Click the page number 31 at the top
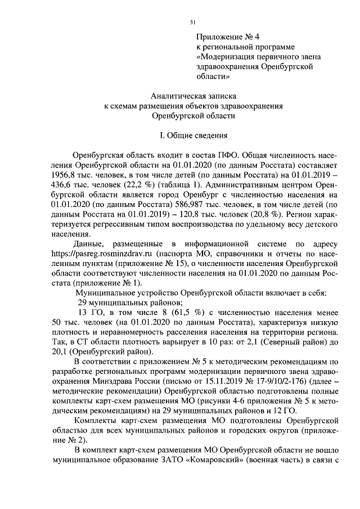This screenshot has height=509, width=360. click(192, 22)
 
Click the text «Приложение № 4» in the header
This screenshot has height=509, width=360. click(223, 37)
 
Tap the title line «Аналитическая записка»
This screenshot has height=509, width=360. click(193, 96)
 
